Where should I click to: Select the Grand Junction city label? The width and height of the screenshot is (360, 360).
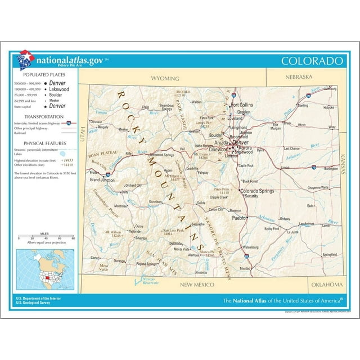coord(102,179)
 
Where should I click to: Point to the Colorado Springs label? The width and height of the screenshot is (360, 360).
coord(258,191)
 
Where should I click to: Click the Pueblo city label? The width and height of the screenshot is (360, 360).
coord(239,217)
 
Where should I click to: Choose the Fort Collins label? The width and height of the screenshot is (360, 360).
coord(242,105)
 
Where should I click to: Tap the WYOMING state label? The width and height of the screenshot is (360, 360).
coord(165,78)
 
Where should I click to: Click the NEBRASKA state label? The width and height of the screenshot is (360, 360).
coord(298,76)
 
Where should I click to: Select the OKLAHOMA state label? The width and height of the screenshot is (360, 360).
coord(326,284)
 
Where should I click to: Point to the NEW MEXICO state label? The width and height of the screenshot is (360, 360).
coord(197,285)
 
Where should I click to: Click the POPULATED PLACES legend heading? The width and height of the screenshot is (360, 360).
coord(39,74)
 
